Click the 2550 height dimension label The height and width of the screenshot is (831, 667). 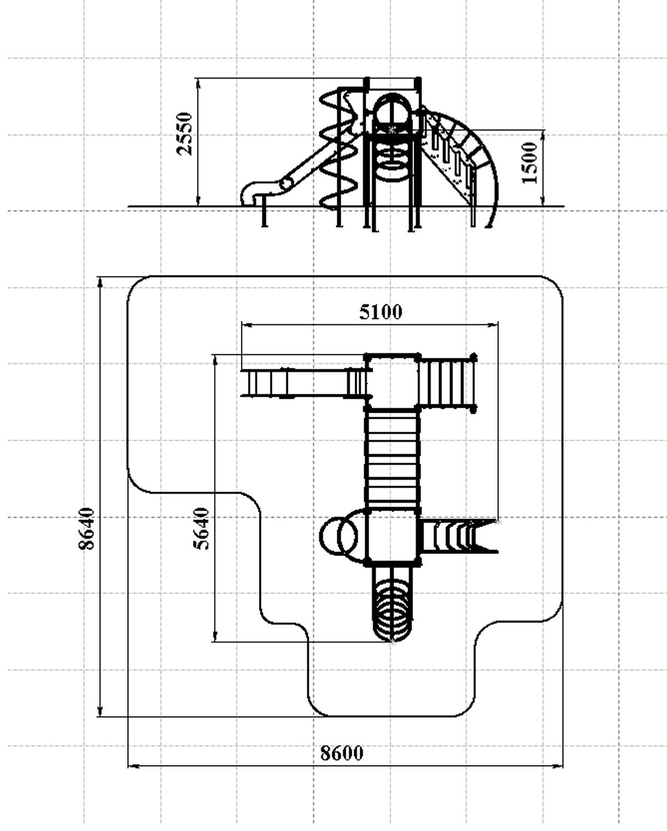coord(184,133)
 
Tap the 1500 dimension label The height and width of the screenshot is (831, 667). coord(529,162)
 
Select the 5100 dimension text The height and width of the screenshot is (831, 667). coord(381,312)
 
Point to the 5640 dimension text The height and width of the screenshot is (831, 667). coord(201,528)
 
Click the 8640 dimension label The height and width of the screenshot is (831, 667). coord(86,528)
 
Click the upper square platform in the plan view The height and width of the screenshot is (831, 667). coord(392,382)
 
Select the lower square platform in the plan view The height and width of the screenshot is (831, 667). coord(392,537)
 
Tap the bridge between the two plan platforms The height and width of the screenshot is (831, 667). coord(392,459)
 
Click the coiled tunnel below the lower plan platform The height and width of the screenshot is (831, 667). coord(392,604)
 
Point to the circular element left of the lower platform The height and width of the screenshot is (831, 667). coord(340,535)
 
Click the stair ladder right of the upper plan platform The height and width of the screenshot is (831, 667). coord(448,382)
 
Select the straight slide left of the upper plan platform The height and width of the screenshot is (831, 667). coord(303,383)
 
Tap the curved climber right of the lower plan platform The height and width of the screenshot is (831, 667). coord(459,536)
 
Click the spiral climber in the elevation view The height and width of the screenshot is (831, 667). coord(339,151)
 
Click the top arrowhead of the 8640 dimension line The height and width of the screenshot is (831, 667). coord(101,282)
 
